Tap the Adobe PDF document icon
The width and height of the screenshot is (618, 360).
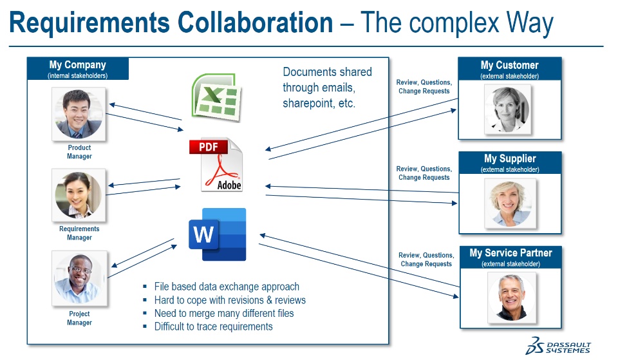[x=217, y=165]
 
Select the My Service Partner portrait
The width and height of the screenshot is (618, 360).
[x=511, y=297]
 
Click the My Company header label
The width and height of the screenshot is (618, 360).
[x=77, y=65]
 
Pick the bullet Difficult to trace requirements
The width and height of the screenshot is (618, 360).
[x=213, y=327]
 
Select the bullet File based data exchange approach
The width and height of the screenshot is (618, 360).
[x=227, y=287]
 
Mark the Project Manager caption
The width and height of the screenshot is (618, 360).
[x=79, y=318]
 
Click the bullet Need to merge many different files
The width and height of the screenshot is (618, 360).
[x=223, y=313]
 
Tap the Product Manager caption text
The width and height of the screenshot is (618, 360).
[x=79, y=152]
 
